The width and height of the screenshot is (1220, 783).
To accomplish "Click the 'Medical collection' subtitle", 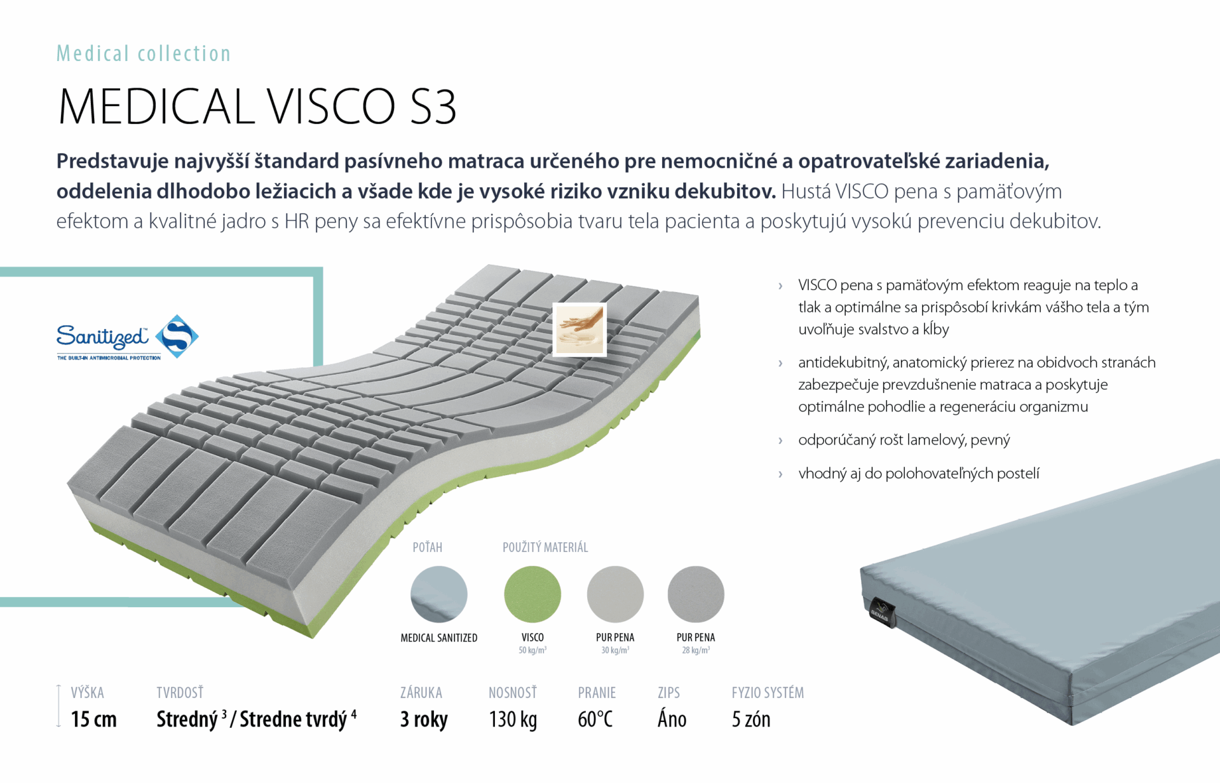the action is pos(144,54).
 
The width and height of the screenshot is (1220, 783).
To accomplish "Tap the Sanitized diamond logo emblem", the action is pos(177,336).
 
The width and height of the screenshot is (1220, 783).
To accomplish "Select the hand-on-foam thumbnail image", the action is pos(579,330).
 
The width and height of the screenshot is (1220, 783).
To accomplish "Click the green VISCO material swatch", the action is pos(532,594).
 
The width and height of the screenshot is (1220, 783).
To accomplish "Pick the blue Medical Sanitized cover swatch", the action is pos(439,594).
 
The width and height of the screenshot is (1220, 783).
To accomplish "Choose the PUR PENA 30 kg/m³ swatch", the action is pos(615,594).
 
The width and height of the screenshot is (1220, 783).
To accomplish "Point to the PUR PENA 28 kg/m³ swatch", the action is pos(696,594).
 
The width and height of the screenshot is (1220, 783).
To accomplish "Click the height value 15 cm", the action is pos(94,719).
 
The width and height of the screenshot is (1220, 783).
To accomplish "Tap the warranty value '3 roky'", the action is pos(424,719).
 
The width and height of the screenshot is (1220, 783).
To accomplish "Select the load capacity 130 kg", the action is pos(513,719).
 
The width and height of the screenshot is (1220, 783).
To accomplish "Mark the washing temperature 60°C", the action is pos(595,719).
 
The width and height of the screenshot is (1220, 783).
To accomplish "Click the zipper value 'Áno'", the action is pos(672,719).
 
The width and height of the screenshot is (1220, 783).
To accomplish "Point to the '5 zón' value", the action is pos(751,719).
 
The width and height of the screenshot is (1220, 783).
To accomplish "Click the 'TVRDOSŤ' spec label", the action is pos(180,692).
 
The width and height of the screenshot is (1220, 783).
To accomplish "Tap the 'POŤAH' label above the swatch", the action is pos(428,547).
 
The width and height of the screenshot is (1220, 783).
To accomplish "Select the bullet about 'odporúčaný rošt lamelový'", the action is pos(904,439).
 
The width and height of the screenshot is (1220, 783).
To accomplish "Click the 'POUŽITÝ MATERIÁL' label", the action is pos(545,547).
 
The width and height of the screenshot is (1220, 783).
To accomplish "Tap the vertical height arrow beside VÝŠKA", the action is pos(58,706).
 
